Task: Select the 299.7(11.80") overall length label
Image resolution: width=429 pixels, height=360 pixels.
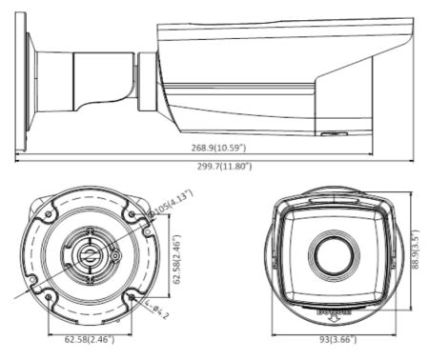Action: click(221, 166)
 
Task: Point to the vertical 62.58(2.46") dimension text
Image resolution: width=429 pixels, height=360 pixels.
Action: click(177, 255)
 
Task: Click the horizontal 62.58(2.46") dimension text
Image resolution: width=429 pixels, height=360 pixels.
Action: click(90, 337)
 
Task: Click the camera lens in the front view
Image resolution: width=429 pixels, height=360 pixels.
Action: click(326, 251)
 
